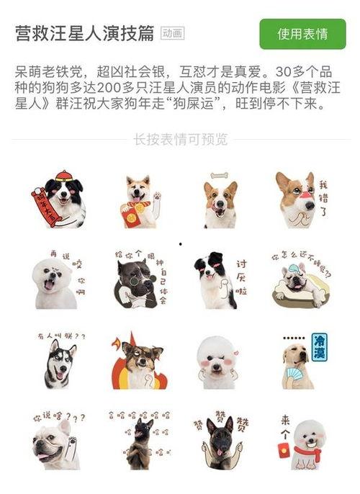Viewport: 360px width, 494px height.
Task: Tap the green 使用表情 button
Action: point(302,34)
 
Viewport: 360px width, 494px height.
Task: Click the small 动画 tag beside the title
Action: point(172,34)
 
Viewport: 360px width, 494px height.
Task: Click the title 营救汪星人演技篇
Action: point(84,33)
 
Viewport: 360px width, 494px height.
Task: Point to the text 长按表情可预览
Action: point(180,139)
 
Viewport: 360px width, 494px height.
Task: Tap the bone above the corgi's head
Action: point(219,175)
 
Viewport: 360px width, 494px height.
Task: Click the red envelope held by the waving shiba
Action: point(132,217)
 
